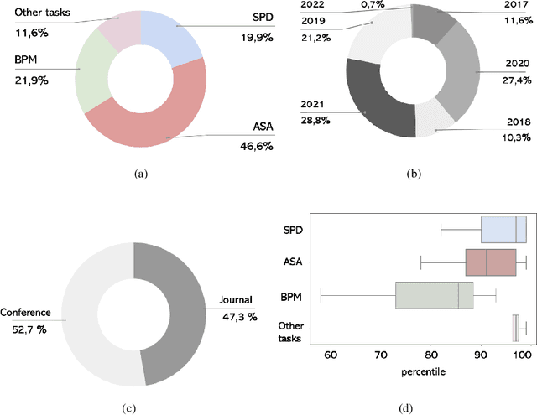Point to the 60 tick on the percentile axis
[330, 355]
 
